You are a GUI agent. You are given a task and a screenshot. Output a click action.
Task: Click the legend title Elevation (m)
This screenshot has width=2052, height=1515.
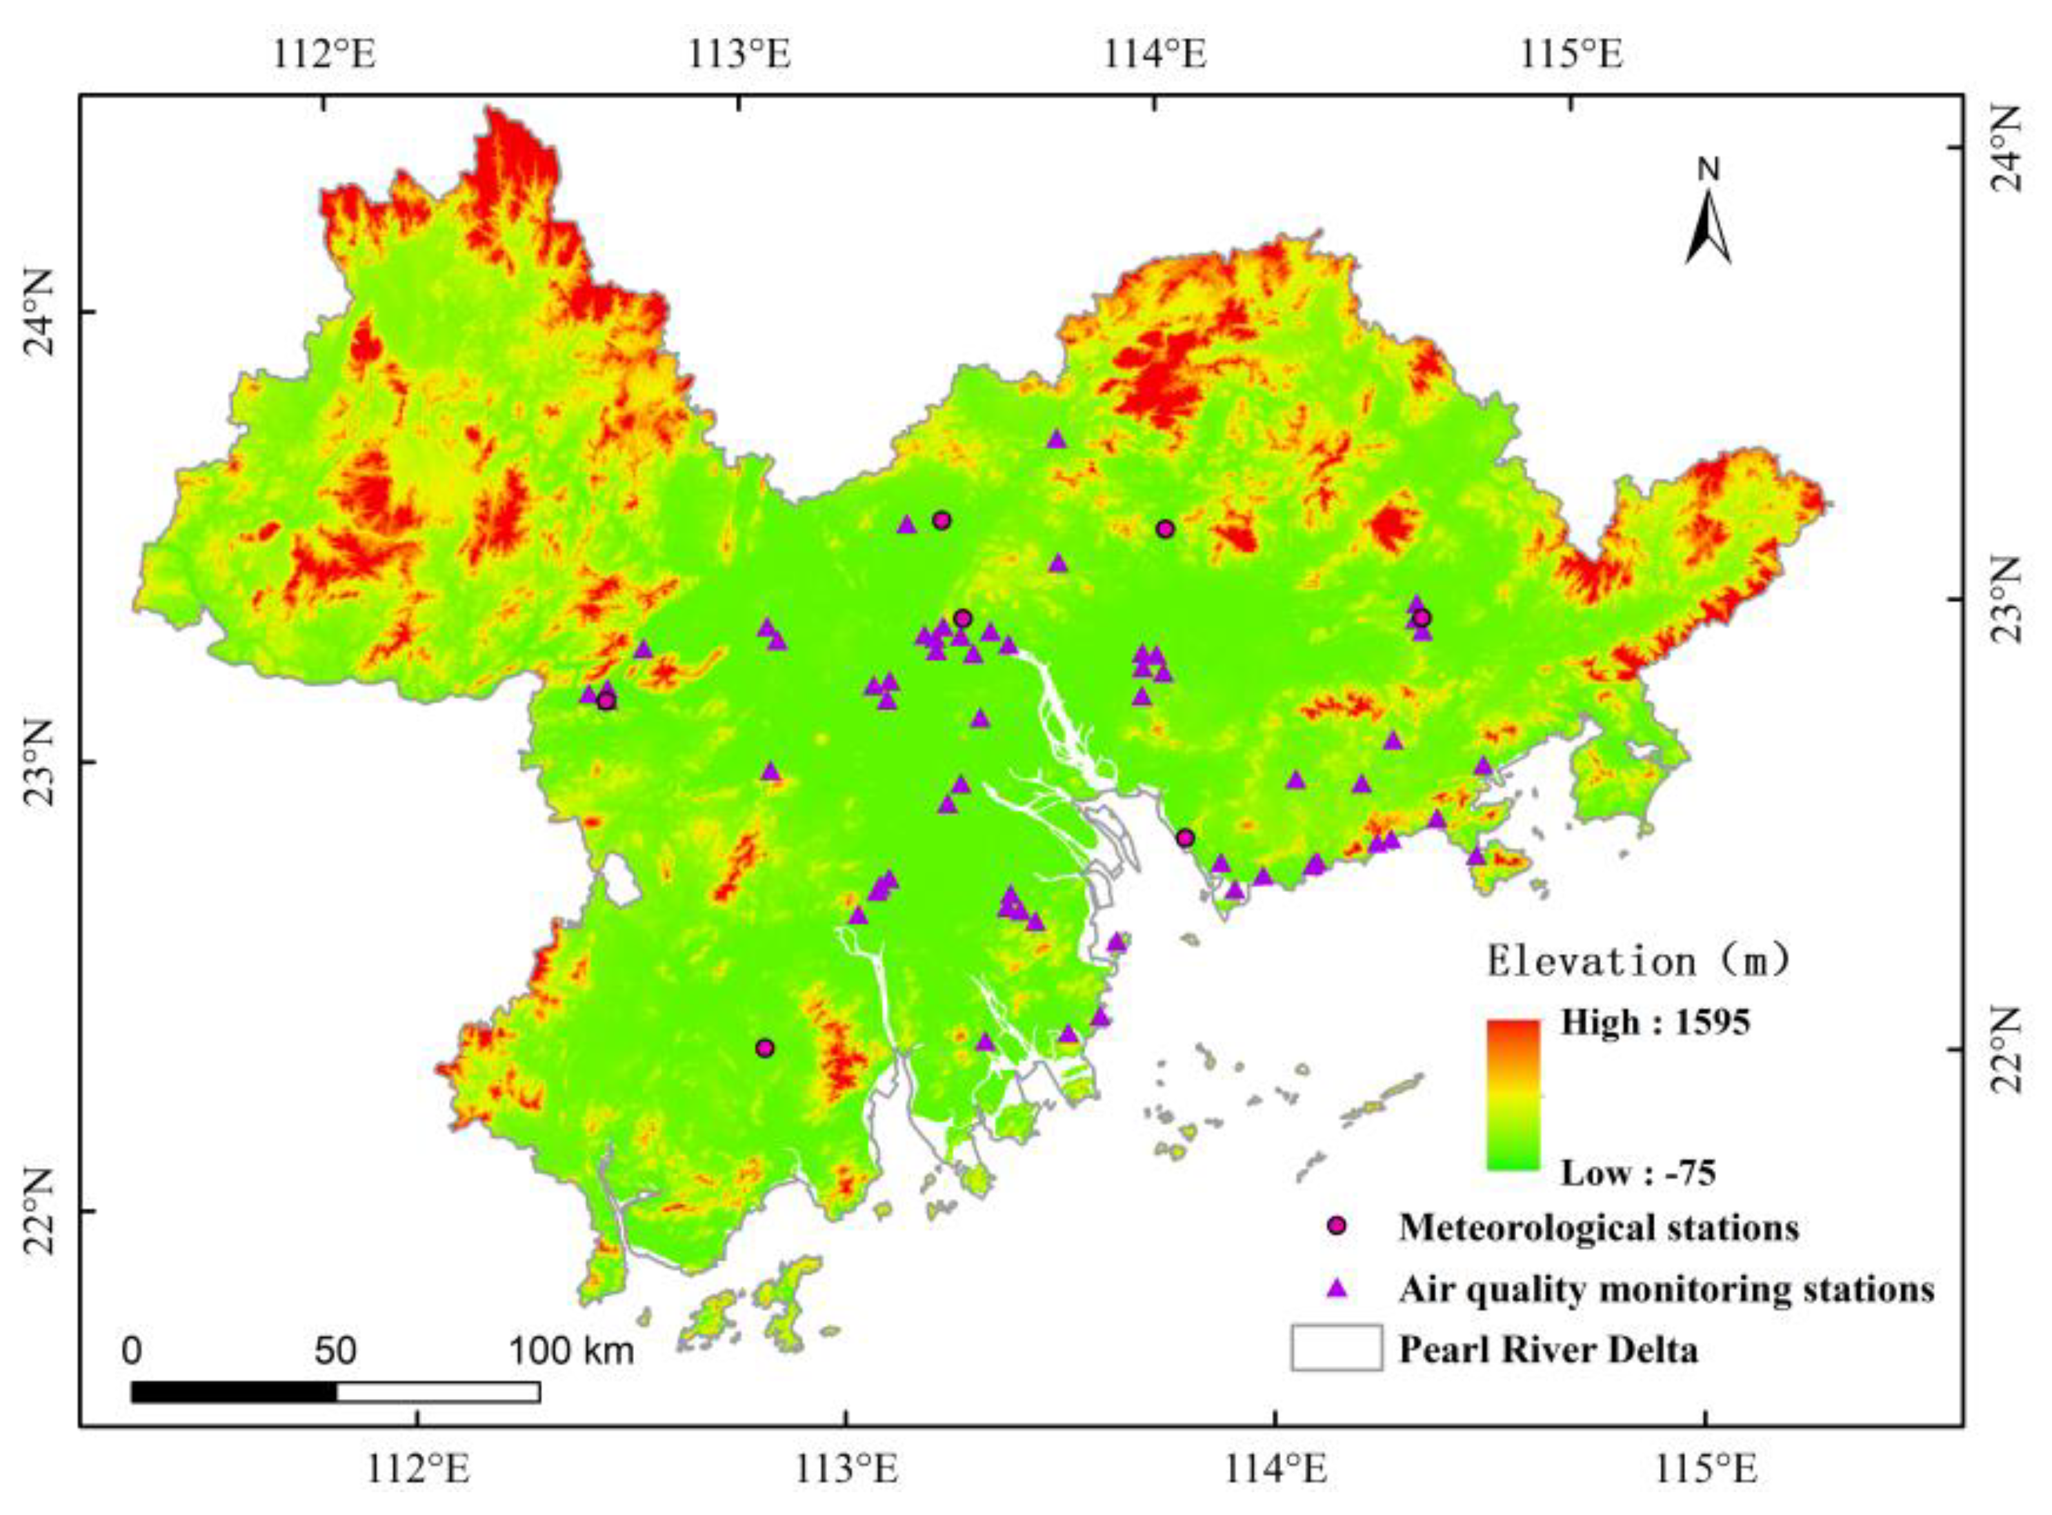pyautogui.click(x=1637, y=961)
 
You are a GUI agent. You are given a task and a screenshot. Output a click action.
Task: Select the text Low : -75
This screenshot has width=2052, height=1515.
pyautogui.click(x=1638, y=1173)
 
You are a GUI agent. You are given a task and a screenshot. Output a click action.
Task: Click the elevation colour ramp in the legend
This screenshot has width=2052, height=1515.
pyautogui.click(x=1513, y=1094)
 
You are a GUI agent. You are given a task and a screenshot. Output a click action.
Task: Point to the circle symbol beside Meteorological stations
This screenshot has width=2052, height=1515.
pyautogui.click(x=1337, y=1226)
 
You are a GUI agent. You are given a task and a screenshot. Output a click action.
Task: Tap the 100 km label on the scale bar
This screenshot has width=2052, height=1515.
pyautogui.click(x=571, y=1351)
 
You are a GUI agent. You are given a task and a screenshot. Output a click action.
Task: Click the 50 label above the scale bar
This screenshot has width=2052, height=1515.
pyautogui.click(x=336, y=1351)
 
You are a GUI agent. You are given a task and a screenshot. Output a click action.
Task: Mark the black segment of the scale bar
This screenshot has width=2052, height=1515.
pyautogui.click(x=234, y=1392)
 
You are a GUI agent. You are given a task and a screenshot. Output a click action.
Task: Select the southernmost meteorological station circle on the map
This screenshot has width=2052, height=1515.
pyautogui.click(x=765, y=1048)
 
